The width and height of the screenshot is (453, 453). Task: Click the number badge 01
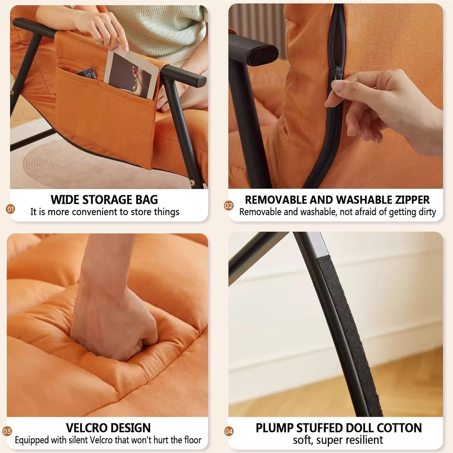click(11, 209)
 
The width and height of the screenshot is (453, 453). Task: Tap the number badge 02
click(229, 206)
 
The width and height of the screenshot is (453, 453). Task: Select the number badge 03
click(7, 431)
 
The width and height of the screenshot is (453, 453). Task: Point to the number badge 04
click(229, 431)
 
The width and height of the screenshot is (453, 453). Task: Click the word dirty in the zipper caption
click(427, 212)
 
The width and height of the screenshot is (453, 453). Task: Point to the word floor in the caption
click(191, 440)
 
